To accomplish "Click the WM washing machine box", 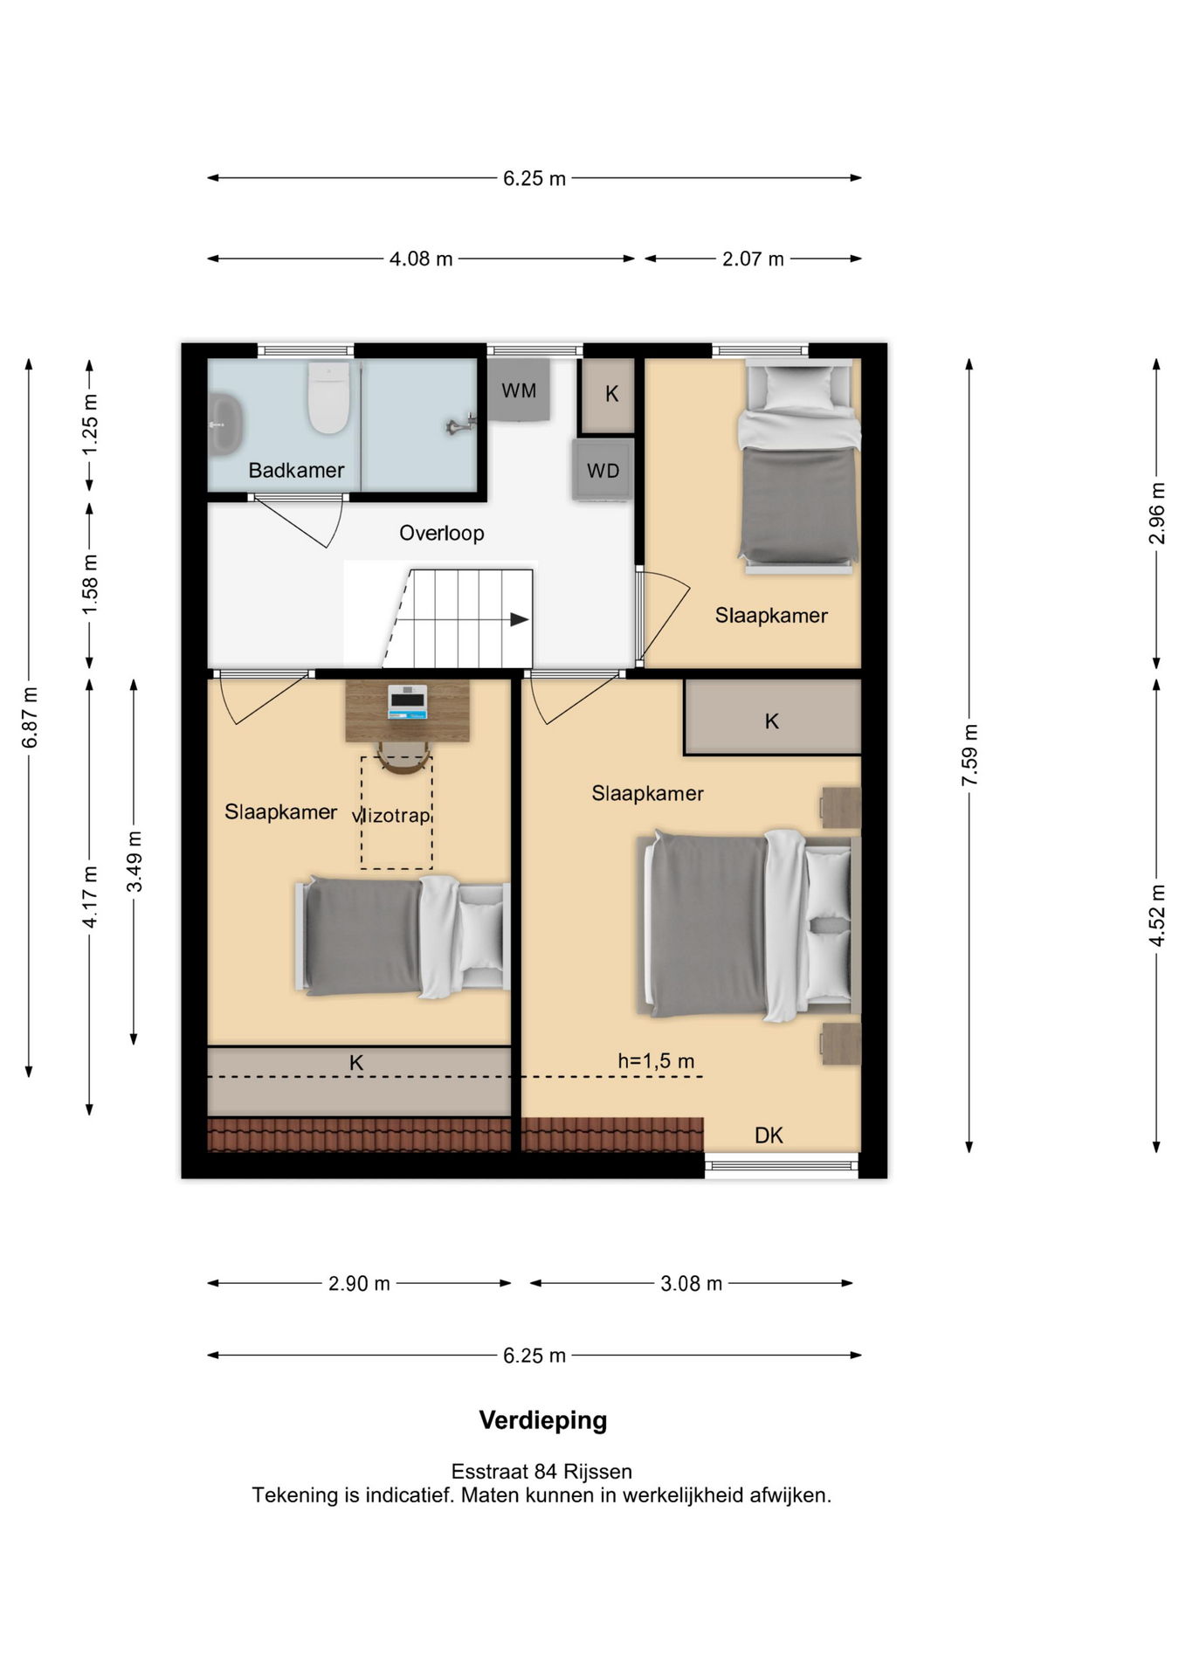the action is click(x=519, y=390).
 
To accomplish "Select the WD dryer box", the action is click(x=603, y=470).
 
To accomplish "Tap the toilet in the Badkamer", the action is click(x=328, y=397).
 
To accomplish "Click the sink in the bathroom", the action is click(x=224, y=424).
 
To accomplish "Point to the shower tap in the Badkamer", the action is click(x=460, y=425).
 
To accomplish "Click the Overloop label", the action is click(x=442, y=533).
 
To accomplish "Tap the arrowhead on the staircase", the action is click(x=520, y=619).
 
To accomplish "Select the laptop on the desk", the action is click(x=408, y=701).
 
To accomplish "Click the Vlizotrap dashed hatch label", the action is click(x=391, y=816).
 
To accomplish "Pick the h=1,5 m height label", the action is click(x=656, y=1061).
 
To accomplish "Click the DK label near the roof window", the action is click(x=769, y=1135).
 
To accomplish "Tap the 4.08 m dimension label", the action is click(x=421, y=259).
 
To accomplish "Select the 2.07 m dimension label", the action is click(x=753, y=259).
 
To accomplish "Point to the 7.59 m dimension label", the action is click(x=969, y=755).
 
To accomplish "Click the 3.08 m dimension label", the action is click(x=691, y=1283).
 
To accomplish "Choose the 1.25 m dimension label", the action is click(x=90, y=424).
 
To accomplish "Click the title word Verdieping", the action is click(x=543, y=1420).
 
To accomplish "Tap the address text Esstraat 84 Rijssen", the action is click(x=541, y=1472).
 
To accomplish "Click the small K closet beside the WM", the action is click(x=611, y=395).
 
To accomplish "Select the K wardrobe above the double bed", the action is click(x=772, y=717).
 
